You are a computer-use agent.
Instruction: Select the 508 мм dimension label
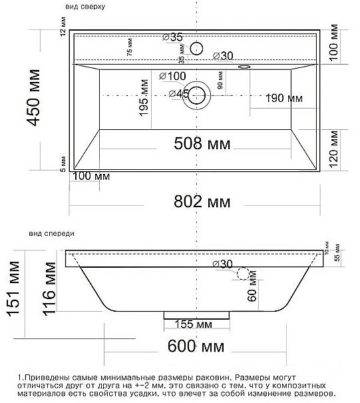(x=198, y=143)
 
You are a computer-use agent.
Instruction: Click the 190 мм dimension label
(x=284, y=98)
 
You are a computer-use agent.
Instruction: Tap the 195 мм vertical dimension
(x=143, y=98)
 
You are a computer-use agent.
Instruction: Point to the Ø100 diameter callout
(x=172, y=76)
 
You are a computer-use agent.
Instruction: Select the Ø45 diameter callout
(x=174, y=93)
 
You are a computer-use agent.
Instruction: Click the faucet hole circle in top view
(x=197, y=47)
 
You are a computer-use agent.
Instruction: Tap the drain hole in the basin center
(x=197, y=94)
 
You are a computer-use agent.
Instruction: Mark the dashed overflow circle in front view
(x=243, y=273)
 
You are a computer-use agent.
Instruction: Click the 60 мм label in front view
(x=252, y=294)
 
